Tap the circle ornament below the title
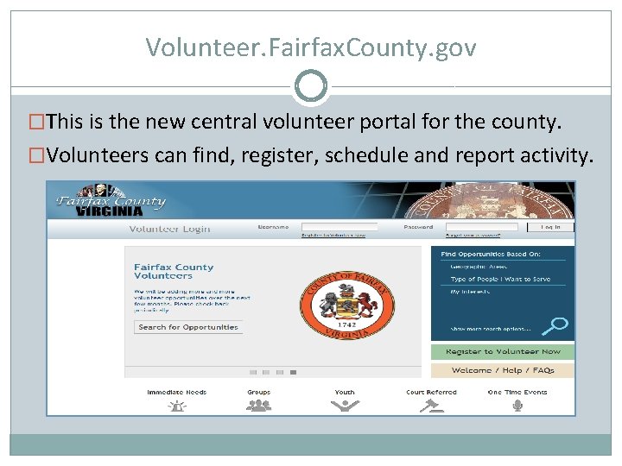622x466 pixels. click(311, 86)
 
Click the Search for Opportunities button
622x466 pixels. click(188, 328)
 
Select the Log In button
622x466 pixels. click(551, 227)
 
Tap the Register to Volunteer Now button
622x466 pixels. click(503, 352)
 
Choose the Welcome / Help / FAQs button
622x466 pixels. click(503, 370)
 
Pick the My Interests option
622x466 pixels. click(470, 292)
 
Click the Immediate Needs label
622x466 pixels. click(177, 392)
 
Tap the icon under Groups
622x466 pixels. click(258, 405)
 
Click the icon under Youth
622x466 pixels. click(345, 405)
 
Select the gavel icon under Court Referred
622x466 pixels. click(430, 405)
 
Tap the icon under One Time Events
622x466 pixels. click(517, 405)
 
